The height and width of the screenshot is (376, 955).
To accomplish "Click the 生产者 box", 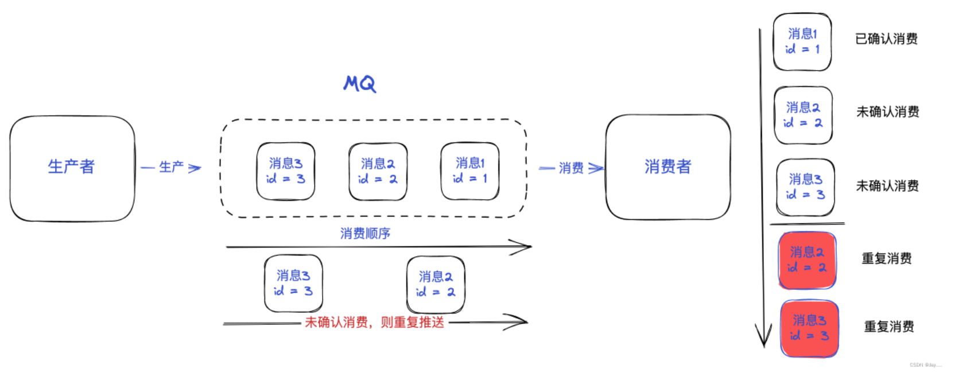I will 72,168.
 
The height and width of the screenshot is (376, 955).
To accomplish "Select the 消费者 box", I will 667,166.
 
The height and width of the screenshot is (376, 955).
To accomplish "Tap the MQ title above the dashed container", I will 360,84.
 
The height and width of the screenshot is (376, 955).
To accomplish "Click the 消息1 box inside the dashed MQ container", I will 469,171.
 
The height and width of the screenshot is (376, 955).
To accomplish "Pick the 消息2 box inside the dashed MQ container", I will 378,171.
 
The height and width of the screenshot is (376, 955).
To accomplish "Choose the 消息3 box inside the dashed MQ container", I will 285,171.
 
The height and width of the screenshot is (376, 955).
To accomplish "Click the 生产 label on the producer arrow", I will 171,167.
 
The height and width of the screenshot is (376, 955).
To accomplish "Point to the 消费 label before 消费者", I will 570,168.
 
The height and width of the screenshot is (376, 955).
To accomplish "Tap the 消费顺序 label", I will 365,234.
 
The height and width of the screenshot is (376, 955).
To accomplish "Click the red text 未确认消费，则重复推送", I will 374,323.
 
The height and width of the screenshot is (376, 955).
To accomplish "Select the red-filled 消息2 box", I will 807,260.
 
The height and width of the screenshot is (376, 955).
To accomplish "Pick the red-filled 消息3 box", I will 809,328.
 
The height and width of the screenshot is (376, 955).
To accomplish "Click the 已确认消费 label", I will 886,39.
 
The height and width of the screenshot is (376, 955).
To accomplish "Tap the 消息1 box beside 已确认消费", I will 802,42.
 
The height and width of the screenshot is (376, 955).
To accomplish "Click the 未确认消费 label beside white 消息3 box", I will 887,186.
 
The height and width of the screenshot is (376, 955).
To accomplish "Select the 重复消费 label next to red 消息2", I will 886,259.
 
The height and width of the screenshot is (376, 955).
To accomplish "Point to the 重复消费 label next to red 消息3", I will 889,327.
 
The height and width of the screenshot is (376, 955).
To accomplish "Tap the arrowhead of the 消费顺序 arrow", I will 523,247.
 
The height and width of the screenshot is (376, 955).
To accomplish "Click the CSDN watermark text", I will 925,365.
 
